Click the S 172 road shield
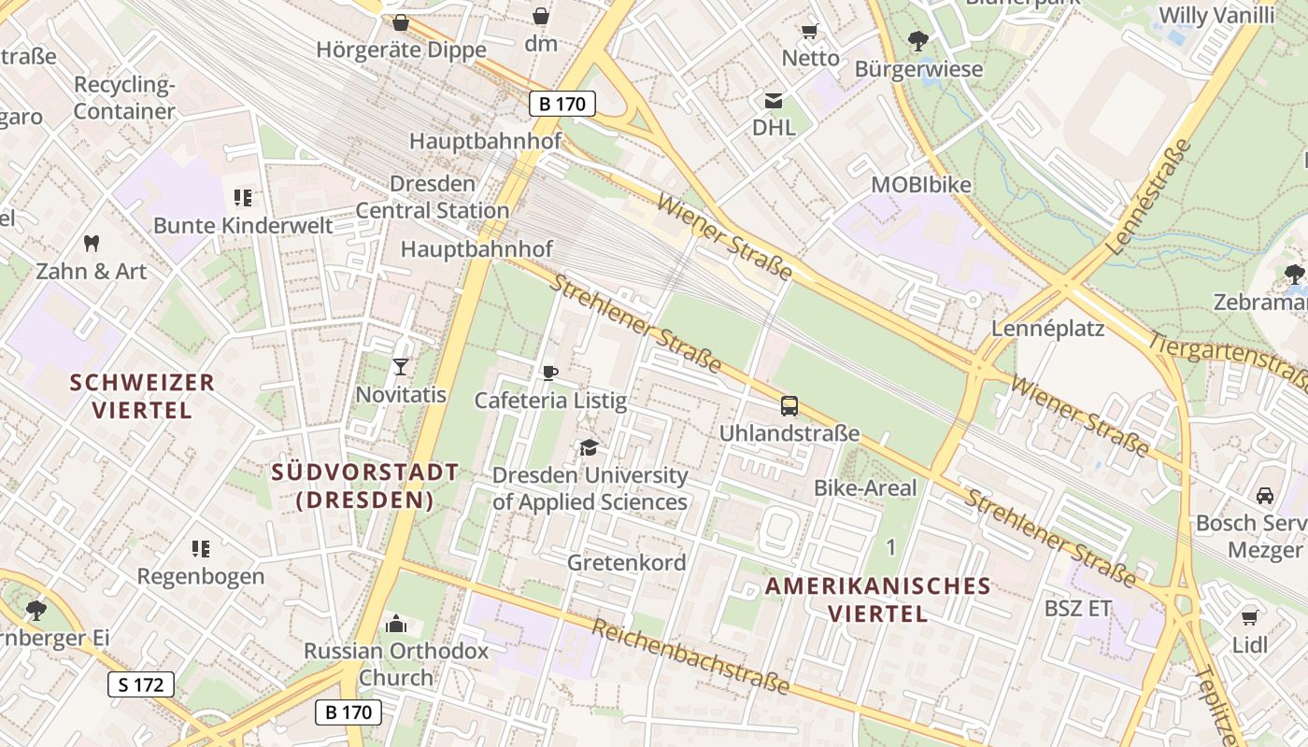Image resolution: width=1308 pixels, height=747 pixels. coord(141,684)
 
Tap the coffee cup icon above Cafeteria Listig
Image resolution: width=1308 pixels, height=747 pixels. coord(550,373)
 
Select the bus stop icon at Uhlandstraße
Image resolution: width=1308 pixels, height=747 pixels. coord(789,406)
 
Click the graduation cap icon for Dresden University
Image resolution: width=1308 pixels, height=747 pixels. coord(589,448)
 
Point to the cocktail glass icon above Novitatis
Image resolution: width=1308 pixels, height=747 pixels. coord(401,367)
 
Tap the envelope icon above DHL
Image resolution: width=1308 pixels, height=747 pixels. coord(774,101)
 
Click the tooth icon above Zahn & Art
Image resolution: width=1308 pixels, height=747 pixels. coord(92,244)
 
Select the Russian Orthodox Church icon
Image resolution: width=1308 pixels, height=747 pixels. coord(396,624)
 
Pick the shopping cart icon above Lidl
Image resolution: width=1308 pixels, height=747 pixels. coord(1250,617)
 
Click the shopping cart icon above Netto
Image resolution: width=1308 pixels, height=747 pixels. coord(810,31)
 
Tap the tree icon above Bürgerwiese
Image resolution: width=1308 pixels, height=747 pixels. coord(918,41)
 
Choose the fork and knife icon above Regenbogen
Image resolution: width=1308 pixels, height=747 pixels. coord(201,548)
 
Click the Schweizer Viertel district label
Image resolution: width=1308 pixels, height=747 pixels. coord(142,396)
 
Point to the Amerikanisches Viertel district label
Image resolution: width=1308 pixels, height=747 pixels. coord(877,599)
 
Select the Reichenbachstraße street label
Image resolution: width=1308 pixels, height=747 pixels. coord(690,658)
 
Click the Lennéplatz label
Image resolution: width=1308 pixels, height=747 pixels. coord(1047,329)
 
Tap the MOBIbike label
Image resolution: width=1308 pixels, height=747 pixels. coord(921,185)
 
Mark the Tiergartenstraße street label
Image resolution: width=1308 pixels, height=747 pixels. coord(1228,360)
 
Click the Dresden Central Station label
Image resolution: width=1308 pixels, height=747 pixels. coord(433,197)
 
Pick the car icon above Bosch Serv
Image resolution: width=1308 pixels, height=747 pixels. coord(1265,495)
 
